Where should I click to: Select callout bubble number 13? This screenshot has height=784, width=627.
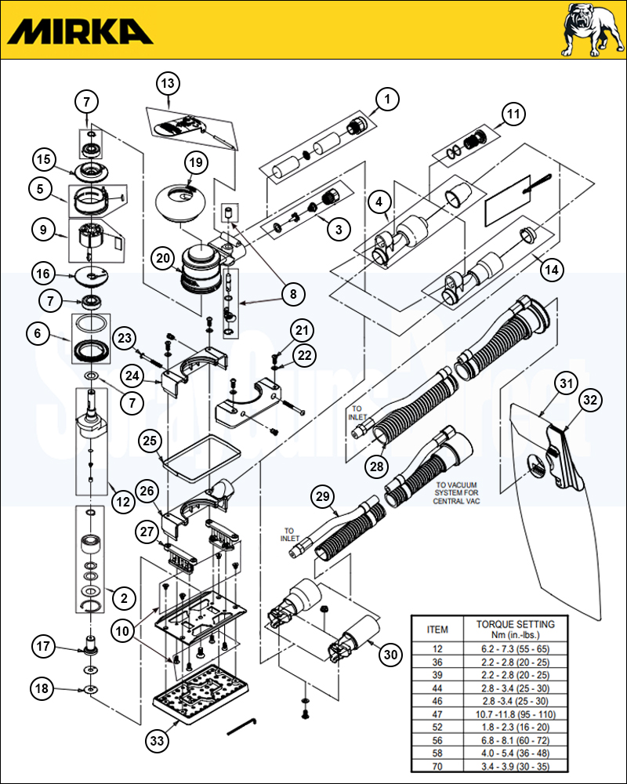[167, 82]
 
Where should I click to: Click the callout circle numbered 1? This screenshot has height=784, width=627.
[387, 99]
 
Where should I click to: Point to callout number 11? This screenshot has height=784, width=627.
[513, 114]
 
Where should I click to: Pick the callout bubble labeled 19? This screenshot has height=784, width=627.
[195, 162]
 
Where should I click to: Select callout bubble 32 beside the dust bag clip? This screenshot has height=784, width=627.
[589, 400]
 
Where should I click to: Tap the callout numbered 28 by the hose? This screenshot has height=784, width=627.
[377, 465]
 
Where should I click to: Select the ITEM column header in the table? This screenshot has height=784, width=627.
[437, 629]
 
